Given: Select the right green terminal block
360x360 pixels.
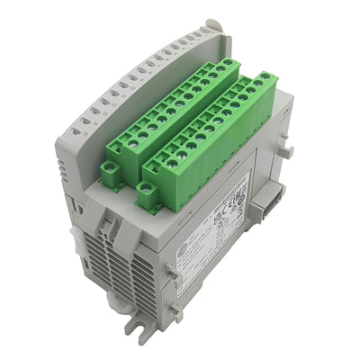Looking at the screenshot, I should pos(211,139).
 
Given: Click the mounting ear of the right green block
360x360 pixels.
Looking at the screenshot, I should pos(148,189).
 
